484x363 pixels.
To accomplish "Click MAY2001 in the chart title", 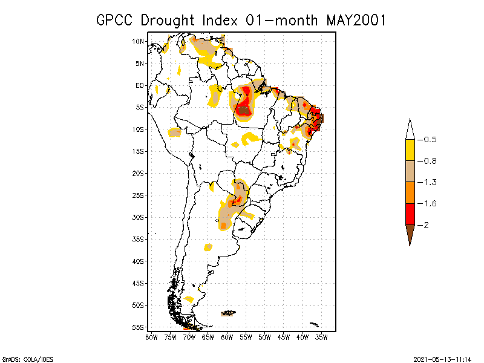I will [356, 20].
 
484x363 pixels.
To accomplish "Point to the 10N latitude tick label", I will [138, 41].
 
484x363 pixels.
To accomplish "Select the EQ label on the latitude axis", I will [140, 85].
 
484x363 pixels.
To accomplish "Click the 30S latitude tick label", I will [138, 217].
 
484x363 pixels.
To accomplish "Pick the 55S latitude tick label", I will [138, 327].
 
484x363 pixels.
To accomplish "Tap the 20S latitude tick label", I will [138, 173].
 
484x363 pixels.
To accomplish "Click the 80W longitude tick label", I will [151, 337].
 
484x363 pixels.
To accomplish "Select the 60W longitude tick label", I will [227, 337].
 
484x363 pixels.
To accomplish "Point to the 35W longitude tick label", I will [322, 337].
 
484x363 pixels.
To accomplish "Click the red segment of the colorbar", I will [410, 214].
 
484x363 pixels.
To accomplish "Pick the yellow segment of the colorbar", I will [410, 150].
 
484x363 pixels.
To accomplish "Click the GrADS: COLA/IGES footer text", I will [22, 358].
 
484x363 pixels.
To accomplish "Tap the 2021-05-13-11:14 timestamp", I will [442, 358].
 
